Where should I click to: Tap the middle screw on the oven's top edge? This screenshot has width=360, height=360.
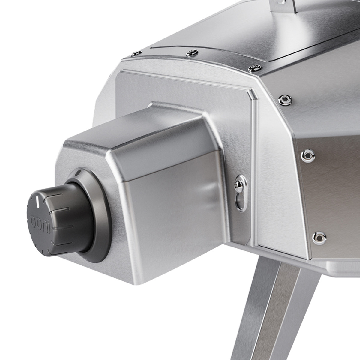coord(192,53)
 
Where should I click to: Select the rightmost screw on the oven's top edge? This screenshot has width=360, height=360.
coord(255,68)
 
